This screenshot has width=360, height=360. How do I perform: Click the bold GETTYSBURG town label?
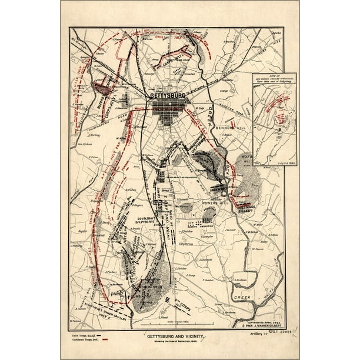tap(167, 95)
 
